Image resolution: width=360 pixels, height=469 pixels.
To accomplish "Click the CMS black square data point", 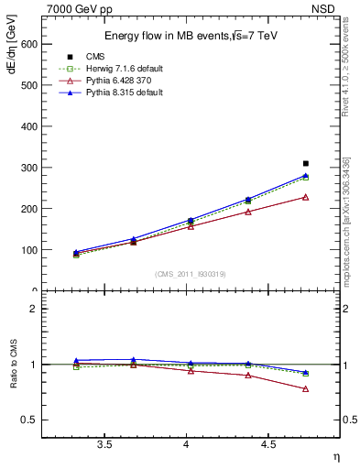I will click(x=306, y=163).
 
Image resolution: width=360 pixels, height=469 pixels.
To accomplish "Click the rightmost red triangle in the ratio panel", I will click(x=306, y=388).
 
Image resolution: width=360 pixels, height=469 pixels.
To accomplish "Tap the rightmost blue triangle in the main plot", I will click(x=306, y=175).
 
